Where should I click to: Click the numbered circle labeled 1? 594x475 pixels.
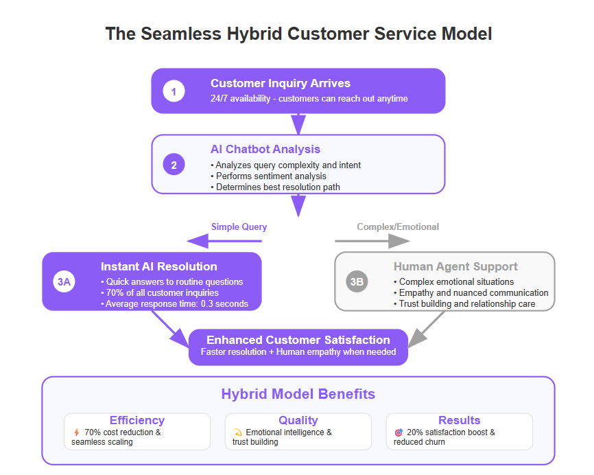(x=174, y=91)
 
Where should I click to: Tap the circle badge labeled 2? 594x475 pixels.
(x=174, y=165)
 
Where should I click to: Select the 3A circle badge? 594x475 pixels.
(x=64, y=281)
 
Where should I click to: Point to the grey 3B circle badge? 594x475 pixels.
(x=357, y=281)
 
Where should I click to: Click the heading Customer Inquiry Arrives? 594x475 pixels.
(x=281, y=83)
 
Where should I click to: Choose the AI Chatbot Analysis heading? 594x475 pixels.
(x=265, y=149)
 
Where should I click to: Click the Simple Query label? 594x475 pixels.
(x=239, y=227)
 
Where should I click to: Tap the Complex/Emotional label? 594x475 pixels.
(x=398, y=227)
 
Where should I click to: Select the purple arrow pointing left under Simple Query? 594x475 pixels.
(x=224, y=241)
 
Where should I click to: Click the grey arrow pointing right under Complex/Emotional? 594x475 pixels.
(x=372, y=241)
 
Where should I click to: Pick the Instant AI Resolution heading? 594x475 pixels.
(x=159, y=266)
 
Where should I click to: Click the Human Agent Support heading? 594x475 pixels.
(x=455, y=266)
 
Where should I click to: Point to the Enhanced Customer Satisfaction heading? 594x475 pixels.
(x=298, y=340)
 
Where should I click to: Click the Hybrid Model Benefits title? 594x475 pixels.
(x=298, y=394)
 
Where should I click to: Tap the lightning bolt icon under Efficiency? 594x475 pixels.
(x=77, y=432)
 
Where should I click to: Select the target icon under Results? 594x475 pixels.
(x=399, y=432)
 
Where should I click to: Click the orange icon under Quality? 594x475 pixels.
(x=237, y=432)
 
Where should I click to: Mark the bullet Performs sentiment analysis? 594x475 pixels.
(x=269, y=176)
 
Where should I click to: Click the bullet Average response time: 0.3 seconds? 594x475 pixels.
(x=175, y=303)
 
